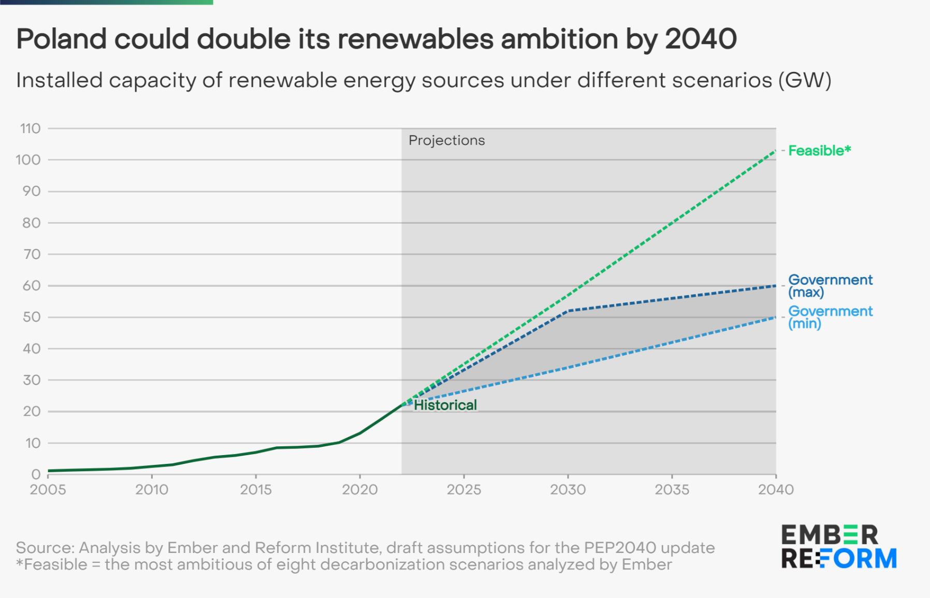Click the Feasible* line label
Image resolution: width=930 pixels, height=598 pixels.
pos(819,151)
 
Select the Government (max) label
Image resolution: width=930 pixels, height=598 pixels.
pos(830,286)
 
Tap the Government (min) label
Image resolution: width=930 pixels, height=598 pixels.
pos(830,317)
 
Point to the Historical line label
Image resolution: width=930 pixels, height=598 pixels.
pos(445,405)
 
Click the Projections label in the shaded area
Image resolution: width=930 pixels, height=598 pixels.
pos(446,140)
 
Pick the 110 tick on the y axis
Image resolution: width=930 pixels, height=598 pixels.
pos(30,128)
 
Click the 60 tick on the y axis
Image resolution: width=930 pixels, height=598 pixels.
pos(31,286)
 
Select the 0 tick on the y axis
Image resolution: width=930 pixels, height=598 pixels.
pos(36,474)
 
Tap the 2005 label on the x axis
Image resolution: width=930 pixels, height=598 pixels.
pos(48,490)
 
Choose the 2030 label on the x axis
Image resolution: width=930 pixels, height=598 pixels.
pos(568,490)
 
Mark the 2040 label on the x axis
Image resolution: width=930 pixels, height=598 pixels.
pos(776,490)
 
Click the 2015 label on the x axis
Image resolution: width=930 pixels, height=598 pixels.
pos(256,490)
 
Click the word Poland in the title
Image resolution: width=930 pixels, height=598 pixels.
pos(62,39)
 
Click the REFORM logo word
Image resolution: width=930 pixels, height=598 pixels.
pos(839,559)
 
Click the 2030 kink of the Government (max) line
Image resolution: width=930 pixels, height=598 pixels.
pos(569,311)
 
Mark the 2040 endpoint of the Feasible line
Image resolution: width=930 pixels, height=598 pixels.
pos(776,151)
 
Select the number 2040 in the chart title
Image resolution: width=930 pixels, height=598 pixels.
pos(701,39)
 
